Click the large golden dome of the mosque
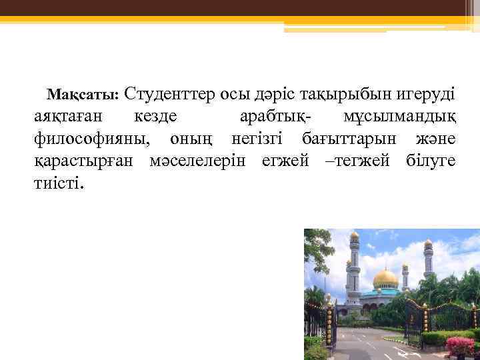pos(385,279)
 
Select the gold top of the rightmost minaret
pos(428,244)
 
